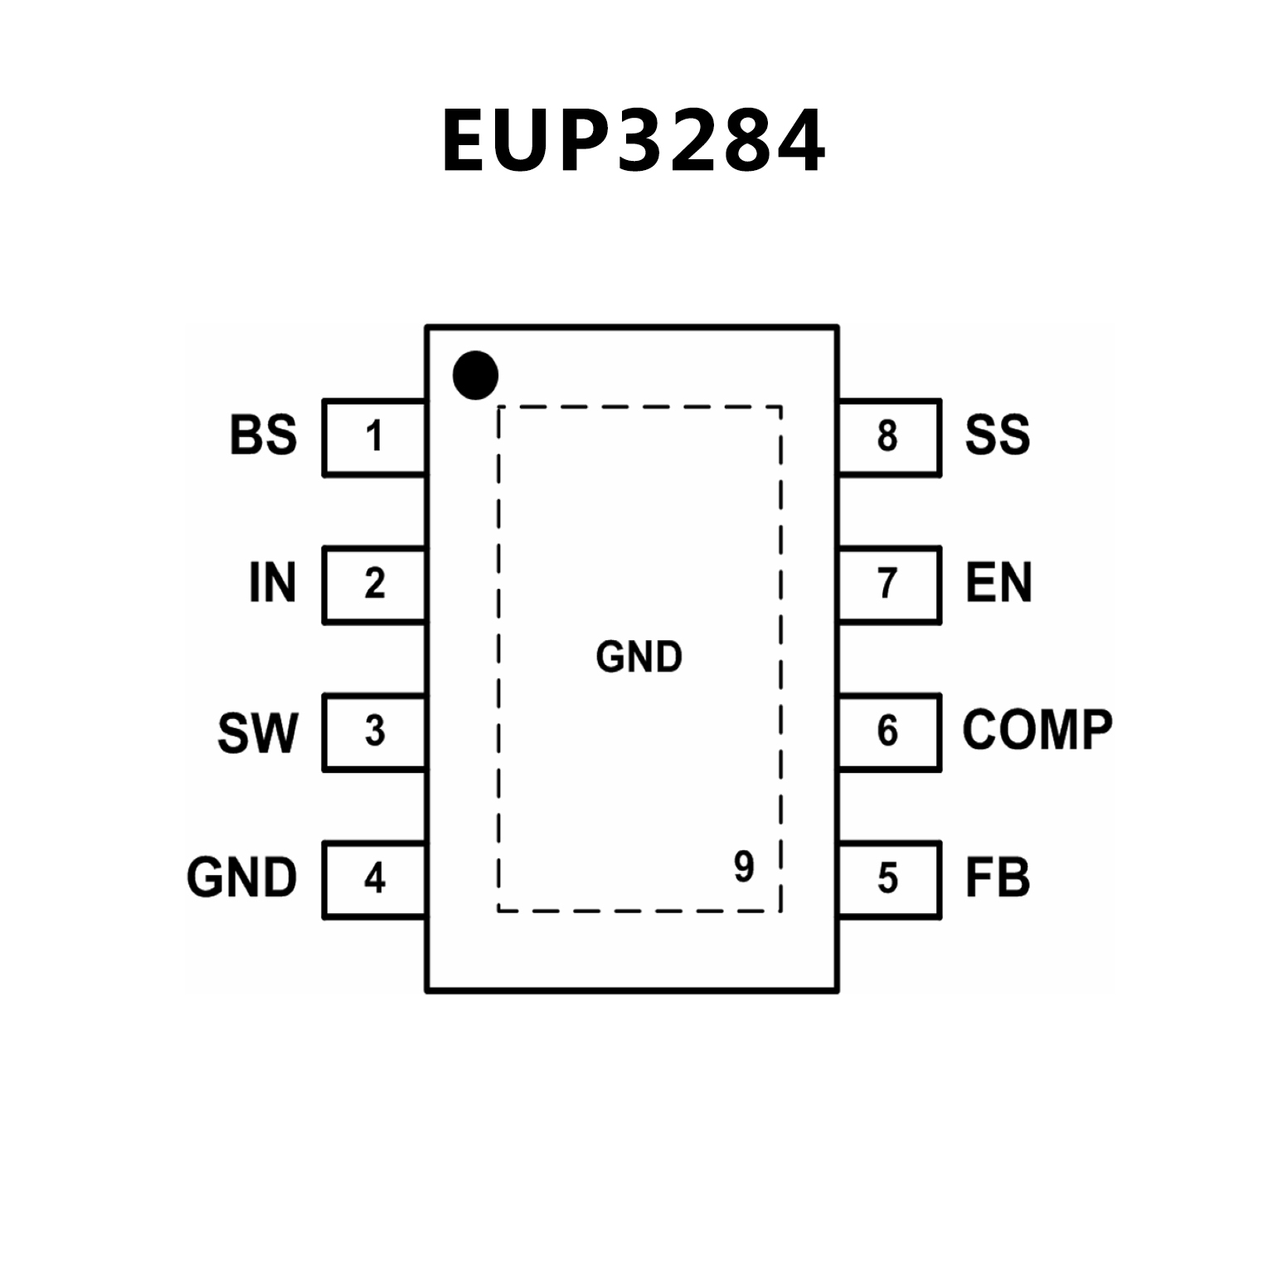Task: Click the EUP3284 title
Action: pos(634,140)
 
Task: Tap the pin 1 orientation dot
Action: pos(475,375)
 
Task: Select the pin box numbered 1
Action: pos(374,437)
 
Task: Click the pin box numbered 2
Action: pos(374,585)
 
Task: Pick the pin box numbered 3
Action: pos(374,732)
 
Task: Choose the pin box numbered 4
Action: pos(374,879)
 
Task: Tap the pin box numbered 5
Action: pos(889,879)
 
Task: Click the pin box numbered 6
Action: pos(889,732)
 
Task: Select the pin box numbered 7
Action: pos(889,585)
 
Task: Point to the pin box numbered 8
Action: pos(889,437)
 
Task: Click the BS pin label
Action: pos(263,435)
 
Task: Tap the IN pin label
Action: pos(272,583)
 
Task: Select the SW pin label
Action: pos(257,732)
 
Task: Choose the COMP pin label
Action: pos(1037,731)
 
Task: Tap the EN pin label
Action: pos(998,583)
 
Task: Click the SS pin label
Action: pos(998,435)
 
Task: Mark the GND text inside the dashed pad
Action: pos(639,657)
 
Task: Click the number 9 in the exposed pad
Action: pos(744,867)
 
